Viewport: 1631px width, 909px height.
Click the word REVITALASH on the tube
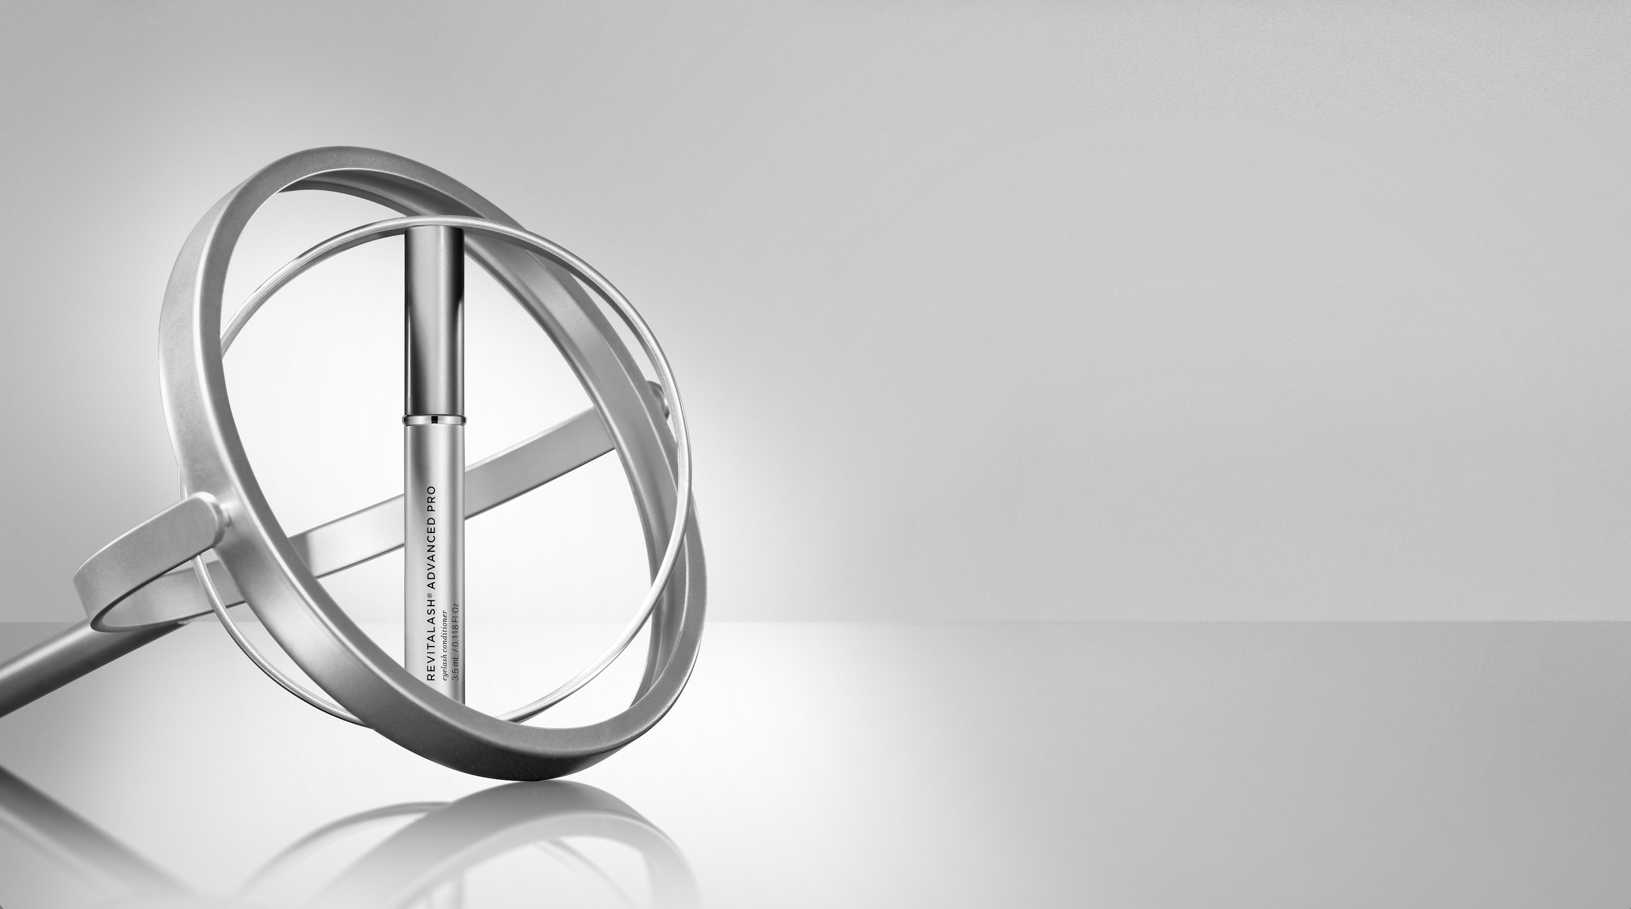[x=431, y=641]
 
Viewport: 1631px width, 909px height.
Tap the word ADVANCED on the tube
[x=431, y=556]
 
